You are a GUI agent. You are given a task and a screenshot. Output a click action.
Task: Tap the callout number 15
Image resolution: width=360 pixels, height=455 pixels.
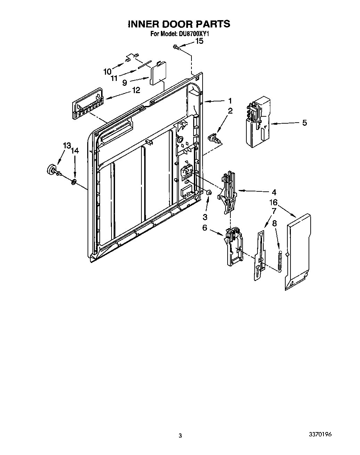[199, 41]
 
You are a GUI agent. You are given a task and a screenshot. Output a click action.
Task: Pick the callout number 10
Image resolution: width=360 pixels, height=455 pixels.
[107, 72]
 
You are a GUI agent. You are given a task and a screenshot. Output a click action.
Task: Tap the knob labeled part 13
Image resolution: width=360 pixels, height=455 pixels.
[51, 169]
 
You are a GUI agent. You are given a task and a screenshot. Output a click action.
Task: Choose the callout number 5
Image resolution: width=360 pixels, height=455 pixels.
[304, 123]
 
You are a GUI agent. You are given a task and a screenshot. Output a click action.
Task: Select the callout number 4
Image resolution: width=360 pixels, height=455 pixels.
[274, 192]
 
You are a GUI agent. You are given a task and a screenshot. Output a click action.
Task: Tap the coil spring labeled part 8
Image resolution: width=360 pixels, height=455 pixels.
[279, 259]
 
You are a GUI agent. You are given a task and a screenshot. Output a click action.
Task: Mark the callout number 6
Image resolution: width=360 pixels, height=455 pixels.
[205, 228]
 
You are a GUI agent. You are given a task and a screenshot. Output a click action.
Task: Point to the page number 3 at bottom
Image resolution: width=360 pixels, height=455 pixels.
[180, 436]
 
